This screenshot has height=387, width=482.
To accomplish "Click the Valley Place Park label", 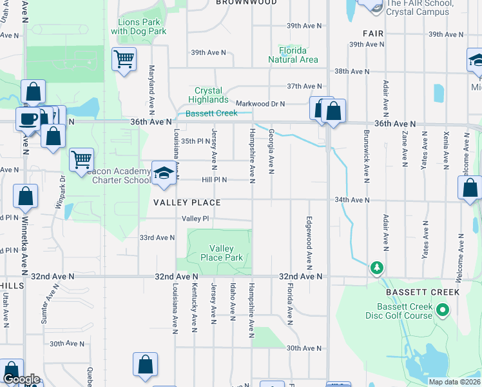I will (x=226, y=253).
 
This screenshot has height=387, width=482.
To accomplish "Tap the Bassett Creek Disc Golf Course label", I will (x=413, y=311).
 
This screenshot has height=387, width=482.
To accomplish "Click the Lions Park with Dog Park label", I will (x=139, y=26).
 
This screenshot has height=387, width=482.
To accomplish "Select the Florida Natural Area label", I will (x=293, y=55).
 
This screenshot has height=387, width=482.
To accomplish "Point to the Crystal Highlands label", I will (x=208, y=95).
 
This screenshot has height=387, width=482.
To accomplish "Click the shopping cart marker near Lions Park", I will (x=124, y=60).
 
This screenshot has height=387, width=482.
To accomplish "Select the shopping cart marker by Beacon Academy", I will (x=81, y=159).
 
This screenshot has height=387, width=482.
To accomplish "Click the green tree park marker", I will (x=376, y=267).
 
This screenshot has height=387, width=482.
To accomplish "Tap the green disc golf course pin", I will (x=442, y=311).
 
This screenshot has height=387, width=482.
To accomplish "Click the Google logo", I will (x=21, y=380).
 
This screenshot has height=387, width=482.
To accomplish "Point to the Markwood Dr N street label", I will (x=260, y=103).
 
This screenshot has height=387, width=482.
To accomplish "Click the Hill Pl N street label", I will (x=216, y=180).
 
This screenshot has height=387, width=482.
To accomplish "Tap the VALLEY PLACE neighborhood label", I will (x=187, y=203).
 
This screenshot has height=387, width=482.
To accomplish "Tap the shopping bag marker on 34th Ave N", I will (x=470, y=188).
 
